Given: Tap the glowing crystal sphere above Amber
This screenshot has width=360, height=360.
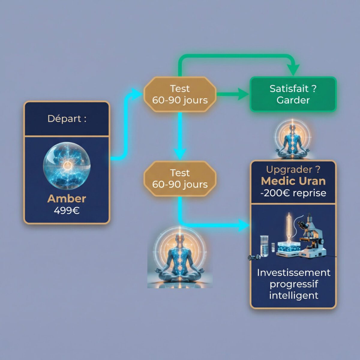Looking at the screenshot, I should (67, 166).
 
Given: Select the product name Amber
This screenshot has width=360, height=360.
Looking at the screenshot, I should (67, 198).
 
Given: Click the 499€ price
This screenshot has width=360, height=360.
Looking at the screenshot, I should (67, 211).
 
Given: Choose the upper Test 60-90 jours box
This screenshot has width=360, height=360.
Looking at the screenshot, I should (180, 94).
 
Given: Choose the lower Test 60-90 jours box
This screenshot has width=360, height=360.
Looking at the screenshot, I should (180, 178).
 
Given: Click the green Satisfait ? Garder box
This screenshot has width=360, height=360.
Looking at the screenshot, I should (293, 94).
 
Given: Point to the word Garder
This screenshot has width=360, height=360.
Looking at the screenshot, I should (293, 100).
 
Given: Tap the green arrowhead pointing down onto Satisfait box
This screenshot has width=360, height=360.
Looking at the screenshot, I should (294, 70).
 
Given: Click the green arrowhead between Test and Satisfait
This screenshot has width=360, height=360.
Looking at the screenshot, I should (243, 94).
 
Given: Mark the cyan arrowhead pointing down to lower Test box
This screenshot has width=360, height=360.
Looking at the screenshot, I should (180, 154).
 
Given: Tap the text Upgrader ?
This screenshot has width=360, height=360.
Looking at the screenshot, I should (293, 169).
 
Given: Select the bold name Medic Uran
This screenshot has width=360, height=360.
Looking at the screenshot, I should (293, 181).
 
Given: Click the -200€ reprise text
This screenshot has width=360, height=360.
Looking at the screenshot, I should (293, 193).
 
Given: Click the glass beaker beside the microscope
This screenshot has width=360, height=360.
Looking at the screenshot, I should (264, 246).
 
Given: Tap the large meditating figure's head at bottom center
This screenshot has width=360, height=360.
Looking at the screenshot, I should (179, 239).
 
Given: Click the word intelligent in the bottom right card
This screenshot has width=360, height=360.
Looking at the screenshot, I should (293, 295).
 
